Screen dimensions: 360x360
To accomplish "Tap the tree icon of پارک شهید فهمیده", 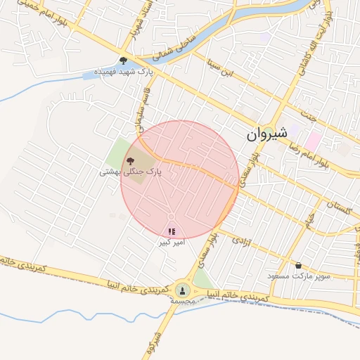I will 124,60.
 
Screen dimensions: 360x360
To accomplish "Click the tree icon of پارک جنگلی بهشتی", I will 130,162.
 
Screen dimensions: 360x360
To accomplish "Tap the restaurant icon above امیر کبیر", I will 172,231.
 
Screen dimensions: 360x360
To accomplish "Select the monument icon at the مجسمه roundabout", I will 183,289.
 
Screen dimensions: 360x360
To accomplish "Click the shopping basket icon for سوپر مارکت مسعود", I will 300,266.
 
